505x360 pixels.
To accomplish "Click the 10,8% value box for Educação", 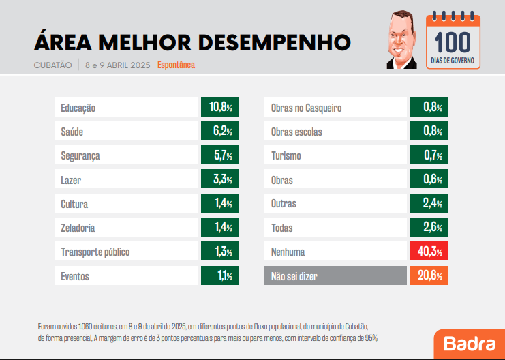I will pyautogui.click(x=219, y=108).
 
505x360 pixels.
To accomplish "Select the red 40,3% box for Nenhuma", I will pyautogui.click(x=429, y=252).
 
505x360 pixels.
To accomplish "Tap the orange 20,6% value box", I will pyautogui.click(x=429, y=276).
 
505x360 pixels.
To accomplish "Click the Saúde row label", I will pyautogui.click(x=72, y=132).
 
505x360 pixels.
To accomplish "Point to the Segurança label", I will pyautogui.click(x=80, y=156).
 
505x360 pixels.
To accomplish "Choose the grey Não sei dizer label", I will pyautogui.click(x=294, y=276).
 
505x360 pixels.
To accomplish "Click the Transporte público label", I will pyautogui.click(x=95, y=252).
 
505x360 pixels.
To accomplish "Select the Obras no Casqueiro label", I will pyautogui.click(x=306, y=108).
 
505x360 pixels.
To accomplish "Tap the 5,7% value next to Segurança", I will pyautogui.click(x=219, y=156).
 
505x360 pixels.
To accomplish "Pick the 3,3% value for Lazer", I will pyautogui.click(x=219, y=180).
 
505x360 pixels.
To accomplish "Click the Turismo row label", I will pyautogui.click(x=286, y=156).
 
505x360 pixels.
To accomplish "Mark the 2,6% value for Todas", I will pyautogui.click(x=429, y=228).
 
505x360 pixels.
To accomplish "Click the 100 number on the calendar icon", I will pyautogui.click(x=453, y=42).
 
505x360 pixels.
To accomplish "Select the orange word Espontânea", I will pyautogui.click(x=176, y=65).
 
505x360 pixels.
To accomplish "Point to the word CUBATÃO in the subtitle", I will pyautogui.click(x=52, y=65).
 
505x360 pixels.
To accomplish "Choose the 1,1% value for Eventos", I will pyautogui.click(x=219, y=276).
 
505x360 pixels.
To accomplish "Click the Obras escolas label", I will pyautogui.click(x=296, y=132).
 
